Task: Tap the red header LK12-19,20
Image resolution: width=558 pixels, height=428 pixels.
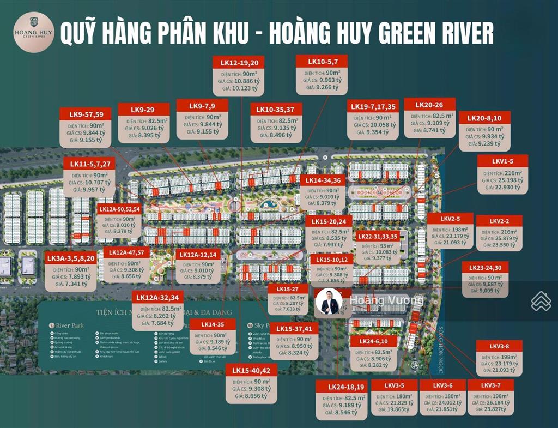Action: (237, 63)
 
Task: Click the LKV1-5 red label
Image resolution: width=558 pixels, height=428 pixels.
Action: (502, 161)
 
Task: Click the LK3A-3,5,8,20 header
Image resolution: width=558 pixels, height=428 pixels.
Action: (71, 258)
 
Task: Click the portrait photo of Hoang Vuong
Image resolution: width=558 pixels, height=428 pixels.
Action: (329, 302)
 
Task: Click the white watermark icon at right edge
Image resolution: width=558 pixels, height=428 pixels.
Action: (541, 301)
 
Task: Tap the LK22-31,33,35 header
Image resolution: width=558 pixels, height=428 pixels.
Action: (377, 237)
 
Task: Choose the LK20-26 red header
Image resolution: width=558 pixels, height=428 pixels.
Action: (429, 105)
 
